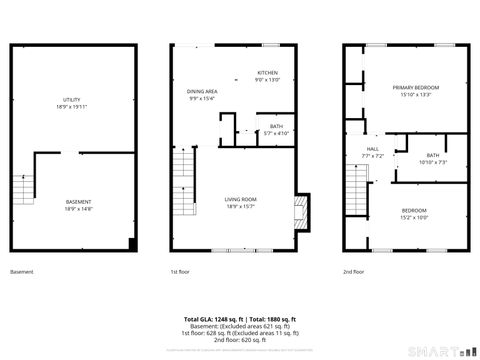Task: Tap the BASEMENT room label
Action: [72, 204]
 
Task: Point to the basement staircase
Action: [22, 188]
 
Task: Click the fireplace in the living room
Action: [298, 213]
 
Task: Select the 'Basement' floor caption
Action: [21, 272]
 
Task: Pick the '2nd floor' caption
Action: [353, 272]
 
